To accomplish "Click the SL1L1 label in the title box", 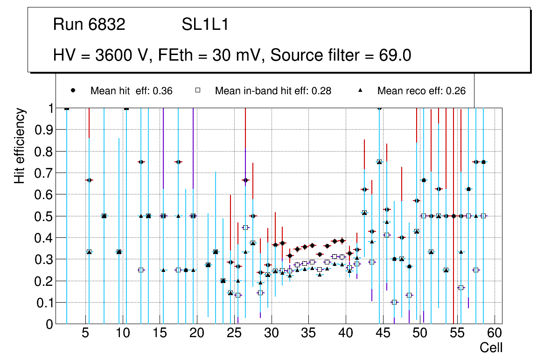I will coord(205,25).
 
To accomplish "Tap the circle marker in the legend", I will coord(74,90).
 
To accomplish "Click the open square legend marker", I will coord(198,90).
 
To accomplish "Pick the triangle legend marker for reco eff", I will coord(360,90).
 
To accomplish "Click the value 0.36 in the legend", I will coord(164,91).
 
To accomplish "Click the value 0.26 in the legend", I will coord(456,91).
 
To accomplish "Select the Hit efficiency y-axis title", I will coord(20,145).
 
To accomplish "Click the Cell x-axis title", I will coord(491,347).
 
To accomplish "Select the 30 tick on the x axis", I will coord(271,333).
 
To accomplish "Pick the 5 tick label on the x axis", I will coord(85,333).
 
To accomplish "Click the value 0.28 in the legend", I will coord(322,91).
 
